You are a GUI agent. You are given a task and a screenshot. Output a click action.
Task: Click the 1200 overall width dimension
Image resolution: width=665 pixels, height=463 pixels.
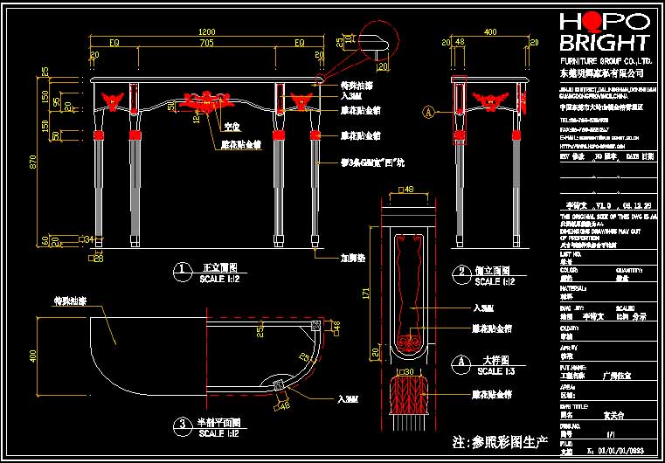point(205,30)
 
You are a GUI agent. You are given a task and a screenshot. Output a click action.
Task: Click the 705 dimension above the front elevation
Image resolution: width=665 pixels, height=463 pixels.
point(206,42)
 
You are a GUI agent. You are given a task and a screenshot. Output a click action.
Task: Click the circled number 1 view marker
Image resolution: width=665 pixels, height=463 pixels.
point(181,272)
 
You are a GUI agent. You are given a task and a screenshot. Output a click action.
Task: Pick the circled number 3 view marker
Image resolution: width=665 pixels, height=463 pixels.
point(181,425)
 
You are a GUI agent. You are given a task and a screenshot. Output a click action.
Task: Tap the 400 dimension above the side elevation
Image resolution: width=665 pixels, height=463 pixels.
point(490,31)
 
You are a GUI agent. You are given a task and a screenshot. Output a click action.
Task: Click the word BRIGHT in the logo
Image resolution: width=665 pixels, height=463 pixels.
point(606,42)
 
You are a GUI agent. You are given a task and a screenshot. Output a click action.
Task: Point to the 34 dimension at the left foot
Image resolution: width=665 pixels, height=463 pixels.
point(88,238)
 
